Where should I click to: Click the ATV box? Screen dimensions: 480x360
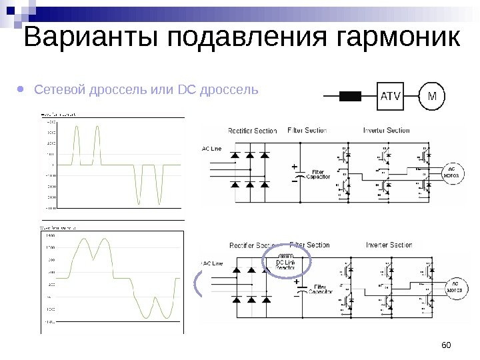[x=391, y=96]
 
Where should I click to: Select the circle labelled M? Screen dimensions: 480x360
[x=432, y=96]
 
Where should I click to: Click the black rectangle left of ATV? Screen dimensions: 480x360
[x=349, y=96]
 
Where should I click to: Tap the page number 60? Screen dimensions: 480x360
[x=446, y=344]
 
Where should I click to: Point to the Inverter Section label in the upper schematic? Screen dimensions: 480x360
[x=387, y=131]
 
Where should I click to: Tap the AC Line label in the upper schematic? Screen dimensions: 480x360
[x=211, y=149]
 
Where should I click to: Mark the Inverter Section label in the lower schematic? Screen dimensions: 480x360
[x=389, y=245]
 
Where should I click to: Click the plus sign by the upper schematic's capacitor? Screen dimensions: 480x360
[x=295, y=167]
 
